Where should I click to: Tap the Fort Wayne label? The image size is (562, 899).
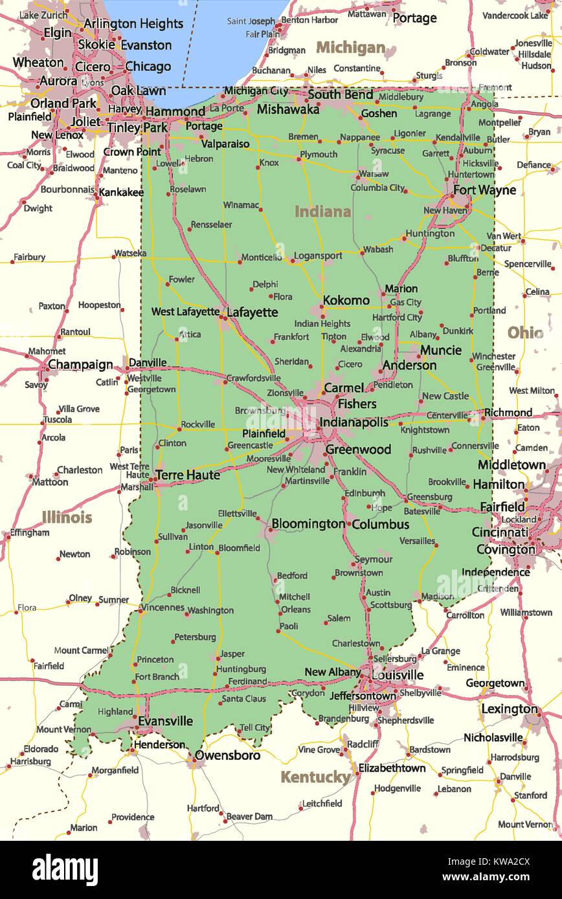pos(484,190)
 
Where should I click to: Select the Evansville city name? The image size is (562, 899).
pos(164,720)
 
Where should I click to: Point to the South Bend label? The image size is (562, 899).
pos(340,94)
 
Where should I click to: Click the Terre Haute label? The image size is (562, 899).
pos(188,475)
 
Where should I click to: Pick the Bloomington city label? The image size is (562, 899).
pos(308,523)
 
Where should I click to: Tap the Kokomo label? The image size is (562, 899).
pos(346,300)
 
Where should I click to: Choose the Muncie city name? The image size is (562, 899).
pos(441,350)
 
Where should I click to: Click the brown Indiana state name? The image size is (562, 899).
pos(322,211)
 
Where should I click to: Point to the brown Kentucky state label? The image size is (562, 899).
pos(315,777)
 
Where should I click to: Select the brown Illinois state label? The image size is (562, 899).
pos(67,517)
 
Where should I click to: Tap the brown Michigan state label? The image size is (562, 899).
pos(350,48)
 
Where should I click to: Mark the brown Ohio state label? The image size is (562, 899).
pos(525,332)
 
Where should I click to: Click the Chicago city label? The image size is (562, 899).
pos(148,66)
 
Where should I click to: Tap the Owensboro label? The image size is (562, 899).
pos(227,755)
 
